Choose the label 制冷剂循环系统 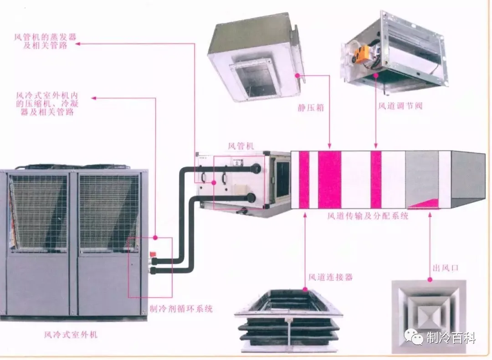pos(181,309)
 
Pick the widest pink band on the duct pos(329,180)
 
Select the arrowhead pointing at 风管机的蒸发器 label pos(77,44)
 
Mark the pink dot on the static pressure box pos(298,75)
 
